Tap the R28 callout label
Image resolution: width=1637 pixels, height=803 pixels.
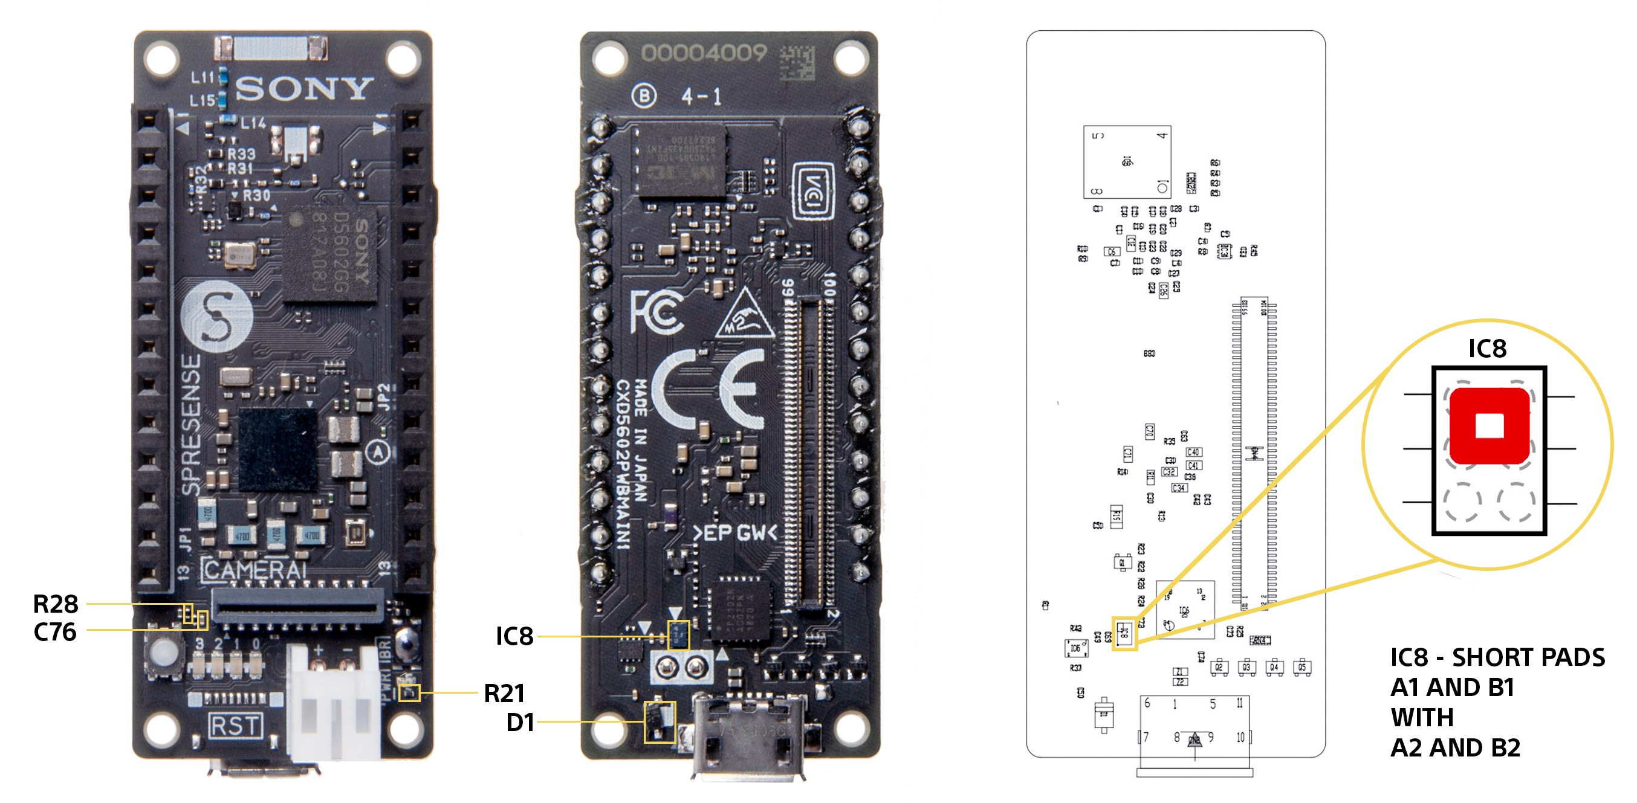click(55, 604)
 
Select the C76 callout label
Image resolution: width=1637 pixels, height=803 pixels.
click(54, 632)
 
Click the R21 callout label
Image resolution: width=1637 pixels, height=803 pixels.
click(505, 693)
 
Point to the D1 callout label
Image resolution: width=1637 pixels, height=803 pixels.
click(520, 722)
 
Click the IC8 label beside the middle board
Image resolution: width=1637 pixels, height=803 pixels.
click(514, 636)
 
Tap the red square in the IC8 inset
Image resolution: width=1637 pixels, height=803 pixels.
click(1489, 425)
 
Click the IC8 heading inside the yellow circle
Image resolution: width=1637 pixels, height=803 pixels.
click(1487, 349)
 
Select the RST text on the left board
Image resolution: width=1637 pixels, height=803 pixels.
click(236, 726)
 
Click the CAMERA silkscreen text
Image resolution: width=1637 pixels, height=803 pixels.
click(254, 570)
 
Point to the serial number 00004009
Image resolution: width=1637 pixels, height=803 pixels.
click(704, 53)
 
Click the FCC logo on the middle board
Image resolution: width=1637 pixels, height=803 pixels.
click(656, 311)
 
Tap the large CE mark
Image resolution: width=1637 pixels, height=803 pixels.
click(707, 389)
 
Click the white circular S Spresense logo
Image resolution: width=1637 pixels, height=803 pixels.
click(216, 316)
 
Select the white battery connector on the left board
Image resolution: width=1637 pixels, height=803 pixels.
click(334, 702)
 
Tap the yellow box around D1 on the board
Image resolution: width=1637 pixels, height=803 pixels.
click(659, 721)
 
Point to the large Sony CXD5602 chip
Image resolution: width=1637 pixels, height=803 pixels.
click(330, 255)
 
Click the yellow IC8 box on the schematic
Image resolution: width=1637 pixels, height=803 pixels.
click(1124, 633)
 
